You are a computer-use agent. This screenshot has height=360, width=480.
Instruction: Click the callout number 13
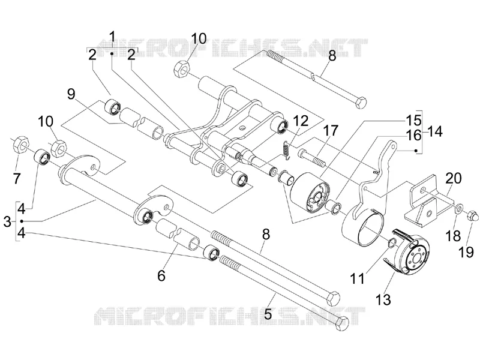click(x=383, y=299)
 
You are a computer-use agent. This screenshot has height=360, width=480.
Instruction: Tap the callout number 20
click(x=454, y=178)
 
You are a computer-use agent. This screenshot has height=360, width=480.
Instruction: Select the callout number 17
click(x=331, y=131)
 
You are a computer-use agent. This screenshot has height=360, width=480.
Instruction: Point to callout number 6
click(x=161, y=275)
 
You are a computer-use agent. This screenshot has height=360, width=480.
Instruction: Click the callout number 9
click(x=71, y=94)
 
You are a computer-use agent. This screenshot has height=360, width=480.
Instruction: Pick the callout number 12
click(x=301, y=121)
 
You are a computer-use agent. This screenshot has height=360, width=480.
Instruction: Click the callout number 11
click(x=358, y=278)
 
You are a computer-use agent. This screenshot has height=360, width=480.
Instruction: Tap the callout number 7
click(x=16, y=178)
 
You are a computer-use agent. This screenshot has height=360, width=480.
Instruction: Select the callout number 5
click(x=268, y=313)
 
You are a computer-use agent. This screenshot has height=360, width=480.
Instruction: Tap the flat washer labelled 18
click(x=458, y=209)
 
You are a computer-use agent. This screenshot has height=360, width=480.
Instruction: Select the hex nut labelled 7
click(x=21, y=145)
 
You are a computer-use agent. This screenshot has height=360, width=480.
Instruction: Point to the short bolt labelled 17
click(x=310, y=157)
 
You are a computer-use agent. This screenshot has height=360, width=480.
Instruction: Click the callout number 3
click(x=7, y=221)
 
